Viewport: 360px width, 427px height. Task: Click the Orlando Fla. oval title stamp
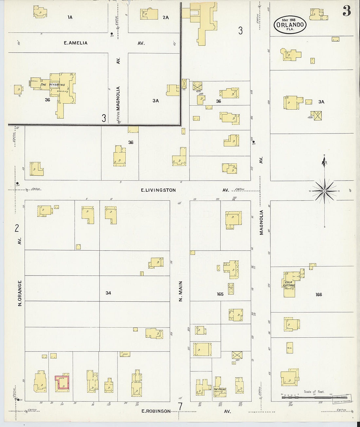click(290, 25)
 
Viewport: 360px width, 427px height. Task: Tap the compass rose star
click(324, 191)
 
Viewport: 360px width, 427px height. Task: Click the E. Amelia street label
click(76, 43)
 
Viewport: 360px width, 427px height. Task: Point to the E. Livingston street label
click(158, 190)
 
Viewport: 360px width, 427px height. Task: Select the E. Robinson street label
click(156, 411)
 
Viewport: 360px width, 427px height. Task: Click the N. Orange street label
click(20, 293)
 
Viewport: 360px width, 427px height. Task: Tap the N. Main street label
click(180, 291)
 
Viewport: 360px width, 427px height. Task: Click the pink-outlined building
click(62, 383)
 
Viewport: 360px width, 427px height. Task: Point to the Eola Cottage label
click(289, 284)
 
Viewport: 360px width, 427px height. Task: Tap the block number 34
click(108, 293)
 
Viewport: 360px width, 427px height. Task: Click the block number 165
click(220, 294)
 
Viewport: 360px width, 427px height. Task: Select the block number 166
click(319, 294)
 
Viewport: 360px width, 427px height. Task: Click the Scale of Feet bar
click(314, 397)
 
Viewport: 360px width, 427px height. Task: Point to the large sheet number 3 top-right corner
click(347, 11)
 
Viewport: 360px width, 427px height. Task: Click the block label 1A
click(70, 17)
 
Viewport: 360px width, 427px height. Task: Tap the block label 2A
click(166, 17)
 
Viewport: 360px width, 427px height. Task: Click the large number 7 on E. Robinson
click(180, 407)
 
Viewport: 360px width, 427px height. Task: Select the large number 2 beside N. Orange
click(17, 228)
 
